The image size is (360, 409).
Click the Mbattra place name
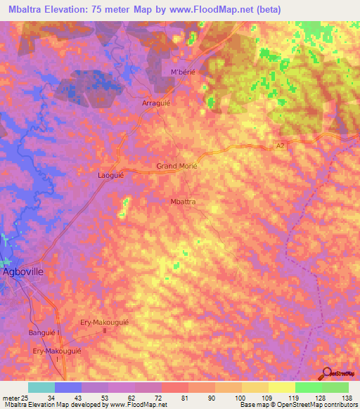184,202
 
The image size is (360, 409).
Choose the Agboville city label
25,271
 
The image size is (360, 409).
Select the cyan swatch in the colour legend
41,388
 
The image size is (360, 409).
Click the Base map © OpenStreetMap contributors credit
298,405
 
